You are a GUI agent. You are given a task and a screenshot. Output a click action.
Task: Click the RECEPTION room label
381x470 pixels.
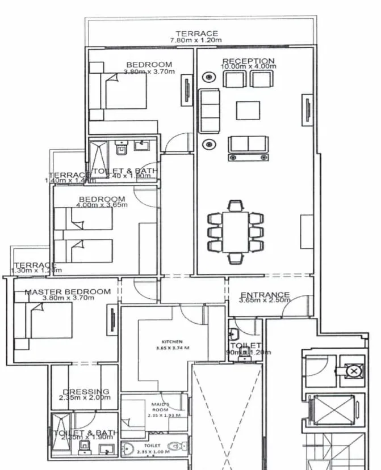coord(248,61)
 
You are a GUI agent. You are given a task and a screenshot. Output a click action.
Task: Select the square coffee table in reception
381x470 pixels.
coord(248,110)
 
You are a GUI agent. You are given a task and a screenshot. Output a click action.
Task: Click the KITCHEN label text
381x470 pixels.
coord(172,342)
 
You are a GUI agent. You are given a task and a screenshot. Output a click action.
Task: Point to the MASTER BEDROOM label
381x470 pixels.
coord(68,292)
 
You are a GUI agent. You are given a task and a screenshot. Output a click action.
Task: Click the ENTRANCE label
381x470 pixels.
coord(265,295)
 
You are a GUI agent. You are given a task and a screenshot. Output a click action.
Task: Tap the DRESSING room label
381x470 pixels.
coord(86,392)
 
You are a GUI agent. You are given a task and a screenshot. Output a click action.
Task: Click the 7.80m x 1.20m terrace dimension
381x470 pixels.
coord(196,41)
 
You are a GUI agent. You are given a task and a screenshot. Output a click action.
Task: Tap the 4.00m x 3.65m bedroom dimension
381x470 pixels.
coord(102,205)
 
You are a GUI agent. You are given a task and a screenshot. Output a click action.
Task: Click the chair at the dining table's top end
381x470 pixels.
coord(236,205)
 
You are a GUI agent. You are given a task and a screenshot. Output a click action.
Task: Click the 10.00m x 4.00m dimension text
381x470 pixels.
coord(248,67)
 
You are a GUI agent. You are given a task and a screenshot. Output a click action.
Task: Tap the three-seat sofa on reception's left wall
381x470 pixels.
coord(209,111)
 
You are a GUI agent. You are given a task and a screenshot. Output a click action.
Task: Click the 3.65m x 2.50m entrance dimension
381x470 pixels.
coord(265,300)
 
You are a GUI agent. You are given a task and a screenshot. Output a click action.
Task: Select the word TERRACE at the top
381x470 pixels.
coord(196,34)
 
